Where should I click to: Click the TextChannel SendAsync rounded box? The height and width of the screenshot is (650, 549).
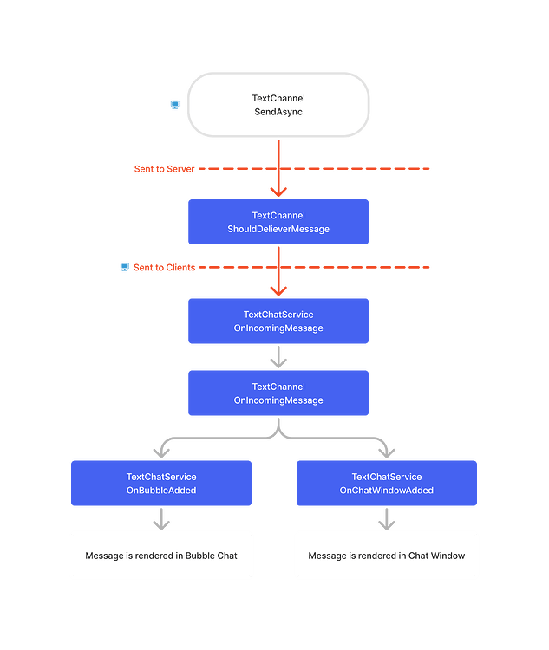(x=278, y=105)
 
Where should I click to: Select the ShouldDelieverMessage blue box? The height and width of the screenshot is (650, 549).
(x=278, y=222)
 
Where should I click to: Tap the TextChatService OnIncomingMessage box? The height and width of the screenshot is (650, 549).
(x=278, y=321)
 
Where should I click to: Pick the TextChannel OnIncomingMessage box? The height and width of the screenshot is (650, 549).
(x=278, y=393)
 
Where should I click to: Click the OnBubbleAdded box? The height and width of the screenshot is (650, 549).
(x=161, y=483)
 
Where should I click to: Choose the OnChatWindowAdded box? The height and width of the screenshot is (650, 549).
(x=387, y=483)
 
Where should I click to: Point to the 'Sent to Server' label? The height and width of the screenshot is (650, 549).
(x=164, y=169)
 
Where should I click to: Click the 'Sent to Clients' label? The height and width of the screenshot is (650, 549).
(x=164, y=268)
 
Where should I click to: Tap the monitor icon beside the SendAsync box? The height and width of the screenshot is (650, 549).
(x=175, y=105)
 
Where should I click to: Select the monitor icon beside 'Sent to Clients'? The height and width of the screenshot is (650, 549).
(x=125, y=267)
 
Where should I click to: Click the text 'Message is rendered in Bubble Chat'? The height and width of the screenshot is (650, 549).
(x=161, y=556)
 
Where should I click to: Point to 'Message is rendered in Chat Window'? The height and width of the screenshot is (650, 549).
(x=387, y=556)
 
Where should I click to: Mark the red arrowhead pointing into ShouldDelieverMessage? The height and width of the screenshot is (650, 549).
(x=278, y=192)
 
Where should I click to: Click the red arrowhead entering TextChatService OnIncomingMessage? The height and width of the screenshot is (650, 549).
(x=278, y=290)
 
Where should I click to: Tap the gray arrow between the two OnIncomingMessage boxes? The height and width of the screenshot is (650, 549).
(x=278, y=357)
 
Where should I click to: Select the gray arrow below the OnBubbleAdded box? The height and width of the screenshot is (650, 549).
(x=161, y=519)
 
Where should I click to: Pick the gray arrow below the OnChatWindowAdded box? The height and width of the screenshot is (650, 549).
(x=387, y=519)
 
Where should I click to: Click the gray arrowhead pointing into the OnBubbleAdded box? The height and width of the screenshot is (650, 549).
(x=161, y=452)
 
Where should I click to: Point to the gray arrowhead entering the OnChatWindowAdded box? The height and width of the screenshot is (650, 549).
(x=387, y=452)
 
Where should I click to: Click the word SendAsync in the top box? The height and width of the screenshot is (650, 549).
(x=278, y=112)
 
